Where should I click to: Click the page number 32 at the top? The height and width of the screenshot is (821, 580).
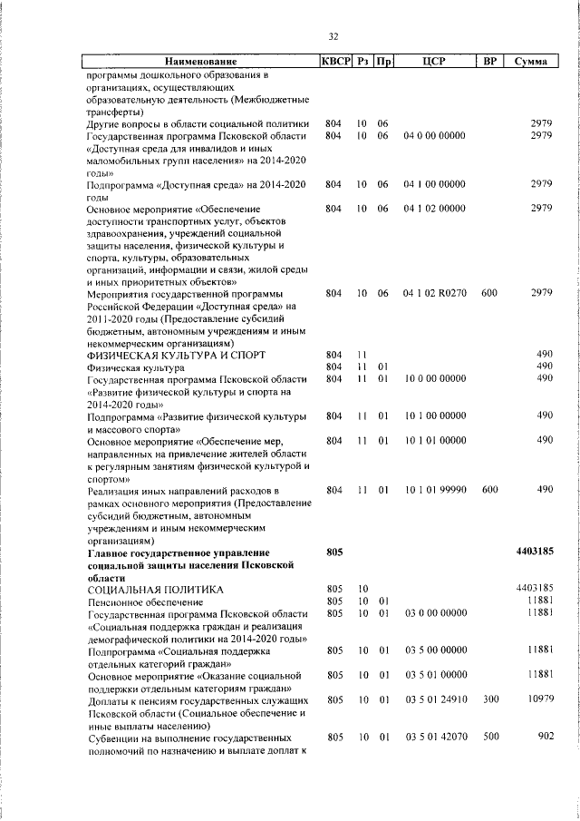pyautogui.click(x=333, y=36)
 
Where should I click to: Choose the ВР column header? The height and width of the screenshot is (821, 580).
pyautogui.click(x=489, y=62)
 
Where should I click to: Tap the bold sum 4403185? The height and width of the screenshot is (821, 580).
pyautogui.click(x=534, y=551)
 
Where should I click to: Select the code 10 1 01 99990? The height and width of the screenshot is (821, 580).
pyautogui.click(x=436, y=489)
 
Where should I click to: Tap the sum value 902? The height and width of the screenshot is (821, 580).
pyautogui.click(x=545, y=737)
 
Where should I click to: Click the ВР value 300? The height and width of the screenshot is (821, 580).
pyautogui.click(x=490, y=701)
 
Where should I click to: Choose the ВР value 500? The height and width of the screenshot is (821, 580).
pyautogui.click(x=490, y=737)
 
